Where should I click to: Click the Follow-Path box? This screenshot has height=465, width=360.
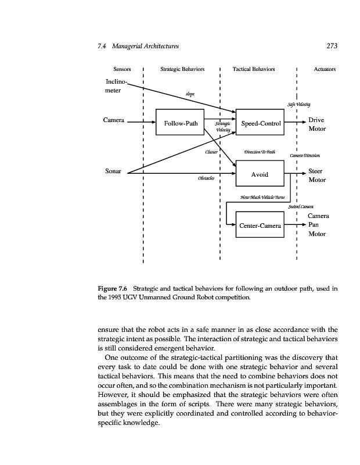pos(181,123)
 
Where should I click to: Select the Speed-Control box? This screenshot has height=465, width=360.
pos(261,123)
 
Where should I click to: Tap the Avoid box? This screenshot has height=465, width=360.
pos(259,174)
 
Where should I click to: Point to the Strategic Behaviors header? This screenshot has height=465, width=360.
pos(182,69)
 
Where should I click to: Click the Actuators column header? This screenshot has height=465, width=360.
pos(325,69)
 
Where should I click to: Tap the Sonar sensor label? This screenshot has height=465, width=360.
pos(113,172)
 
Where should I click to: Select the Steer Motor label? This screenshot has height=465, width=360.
pos(317,176)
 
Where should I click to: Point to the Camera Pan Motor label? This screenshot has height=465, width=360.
pos(318,224)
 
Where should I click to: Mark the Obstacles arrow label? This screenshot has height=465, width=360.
pos(206,178)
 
